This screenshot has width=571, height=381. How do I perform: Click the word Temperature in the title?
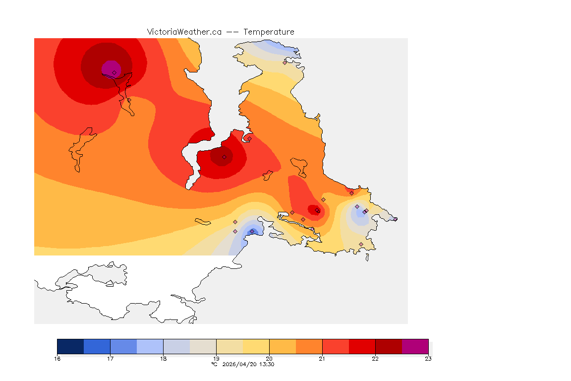point(269,32)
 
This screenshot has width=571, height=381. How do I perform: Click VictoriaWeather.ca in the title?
point(184,32)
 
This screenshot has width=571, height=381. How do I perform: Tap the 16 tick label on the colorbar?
point(57,358)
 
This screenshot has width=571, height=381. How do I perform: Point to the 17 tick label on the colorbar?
point(110,358)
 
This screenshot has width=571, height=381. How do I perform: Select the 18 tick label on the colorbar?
point(163,358)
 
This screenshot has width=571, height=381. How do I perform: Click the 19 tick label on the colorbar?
point(216,358)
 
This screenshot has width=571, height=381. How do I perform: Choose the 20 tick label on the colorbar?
point(269,358)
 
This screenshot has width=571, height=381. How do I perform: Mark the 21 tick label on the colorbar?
point(322,358)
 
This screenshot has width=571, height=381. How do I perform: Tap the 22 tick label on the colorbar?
point(375,358)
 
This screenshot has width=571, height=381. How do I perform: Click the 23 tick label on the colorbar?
point(428,358)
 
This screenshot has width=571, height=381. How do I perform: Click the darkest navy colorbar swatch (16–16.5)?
point(70,346)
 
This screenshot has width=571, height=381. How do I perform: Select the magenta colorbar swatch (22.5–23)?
point(415,346)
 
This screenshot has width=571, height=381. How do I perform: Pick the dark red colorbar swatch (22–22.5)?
point(389,346)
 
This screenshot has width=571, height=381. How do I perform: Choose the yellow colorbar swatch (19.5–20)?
point(256,346)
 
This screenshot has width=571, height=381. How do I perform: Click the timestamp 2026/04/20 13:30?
point(247,364)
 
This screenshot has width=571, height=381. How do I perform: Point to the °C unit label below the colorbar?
point(214,364)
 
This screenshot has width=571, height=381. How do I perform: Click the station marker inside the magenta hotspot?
point(114,72)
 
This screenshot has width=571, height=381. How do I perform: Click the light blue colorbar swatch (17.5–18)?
point(150,346)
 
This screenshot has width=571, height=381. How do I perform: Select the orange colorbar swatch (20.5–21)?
point(309,346)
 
